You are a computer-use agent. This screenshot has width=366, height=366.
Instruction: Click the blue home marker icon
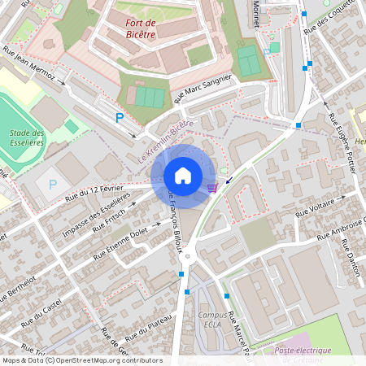point(183,176)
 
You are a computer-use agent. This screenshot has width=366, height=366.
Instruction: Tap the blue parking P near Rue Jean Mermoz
point(120,118)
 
